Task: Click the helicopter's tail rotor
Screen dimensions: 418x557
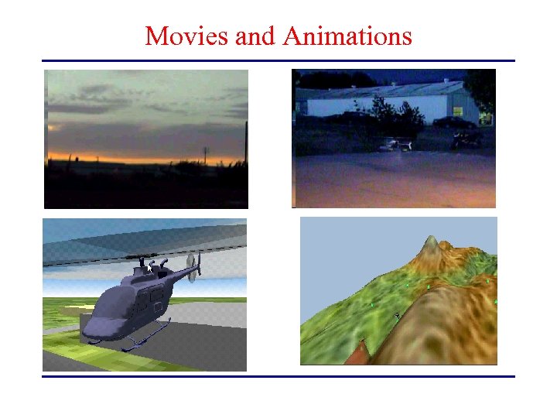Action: point(194,267)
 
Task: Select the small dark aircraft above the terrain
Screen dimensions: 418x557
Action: point(396,315)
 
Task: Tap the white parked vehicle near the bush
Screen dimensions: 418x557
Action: point(396,145)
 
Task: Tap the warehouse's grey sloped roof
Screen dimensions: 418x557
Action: point(387,91)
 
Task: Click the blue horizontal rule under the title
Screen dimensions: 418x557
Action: point(278,60)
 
